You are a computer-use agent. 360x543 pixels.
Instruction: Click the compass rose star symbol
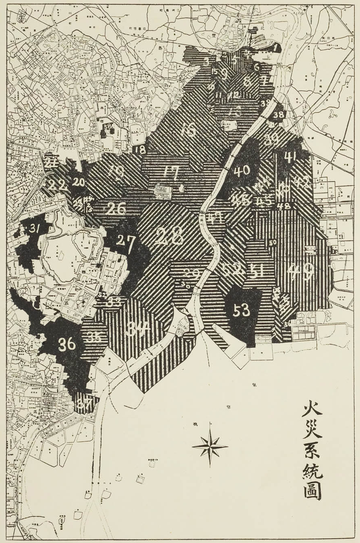pos(210,446)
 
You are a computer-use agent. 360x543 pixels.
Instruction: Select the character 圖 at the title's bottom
pos(313,490)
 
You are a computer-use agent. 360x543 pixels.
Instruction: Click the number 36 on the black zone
pos(67,344)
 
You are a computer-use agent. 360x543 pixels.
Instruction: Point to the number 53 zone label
pos(241,311)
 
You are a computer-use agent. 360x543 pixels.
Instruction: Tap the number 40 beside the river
pos(242,171)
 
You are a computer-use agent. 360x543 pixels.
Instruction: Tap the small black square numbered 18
pos(139,149)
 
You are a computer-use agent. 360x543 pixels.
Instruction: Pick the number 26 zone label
pos(116,208)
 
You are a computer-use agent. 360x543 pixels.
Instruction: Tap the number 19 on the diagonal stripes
pos(116,173)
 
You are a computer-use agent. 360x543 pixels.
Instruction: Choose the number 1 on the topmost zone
pos(276,48)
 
